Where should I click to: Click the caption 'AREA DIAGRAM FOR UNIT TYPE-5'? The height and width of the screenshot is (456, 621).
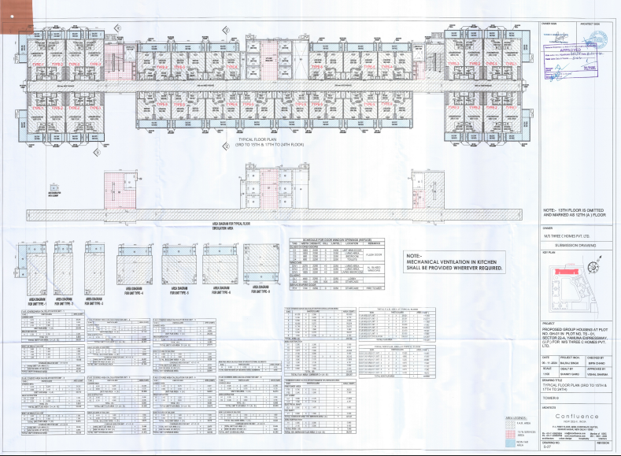(x=176, y=290)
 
